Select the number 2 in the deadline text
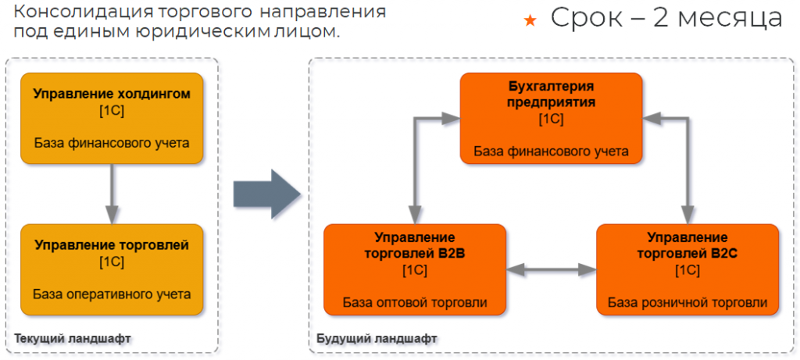point(664,17)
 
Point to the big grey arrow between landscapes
point(266,192)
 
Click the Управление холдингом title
point(112,94)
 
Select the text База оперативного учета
point(112,294)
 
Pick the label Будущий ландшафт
point(377,338)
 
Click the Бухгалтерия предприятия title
point(551,94)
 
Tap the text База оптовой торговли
point(414,302)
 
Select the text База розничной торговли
point(687,302)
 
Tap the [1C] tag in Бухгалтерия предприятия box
point(551,119)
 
